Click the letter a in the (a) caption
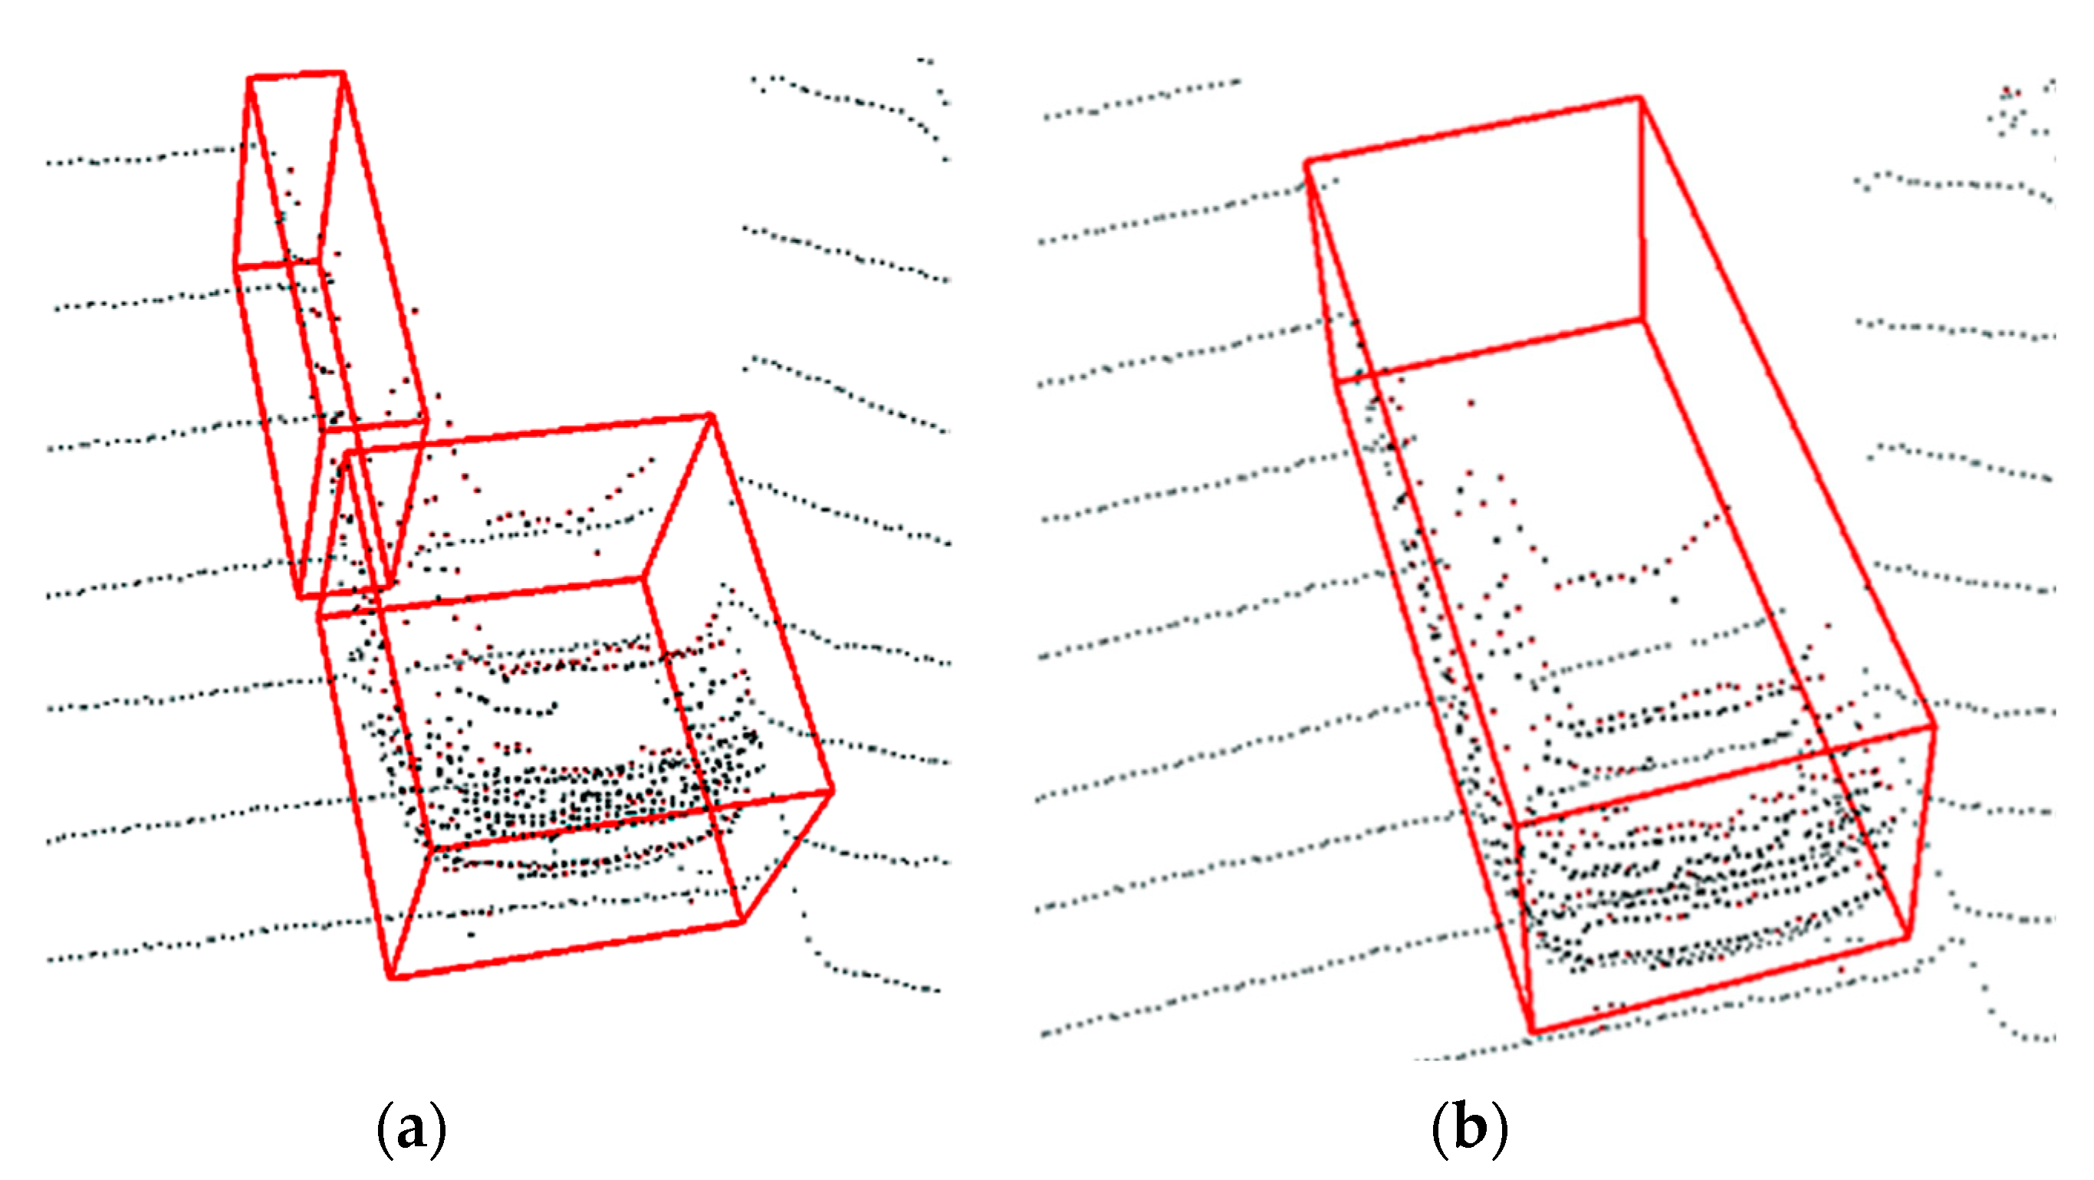411,1130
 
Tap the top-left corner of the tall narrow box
249,79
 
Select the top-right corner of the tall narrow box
343,74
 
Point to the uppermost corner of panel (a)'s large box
711,417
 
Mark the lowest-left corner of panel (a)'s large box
391,976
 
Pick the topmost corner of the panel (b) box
1640,99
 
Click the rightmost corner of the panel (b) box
1934,726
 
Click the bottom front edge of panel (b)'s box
1719,986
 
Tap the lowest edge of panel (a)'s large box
566,949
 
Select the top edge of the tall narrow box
297,77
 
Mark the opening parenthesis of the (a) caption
383,1130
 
